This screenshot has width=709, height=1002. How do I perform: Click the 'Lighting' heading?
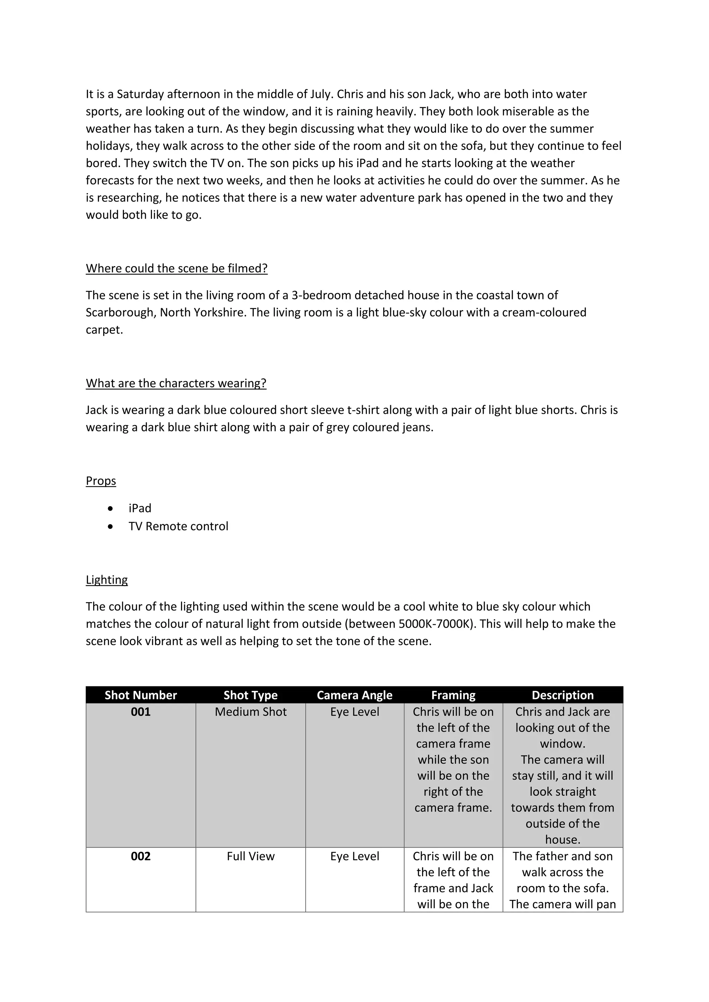[107, 580]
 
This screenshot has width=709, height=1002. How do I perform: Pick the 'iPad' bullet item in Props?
[140, 508]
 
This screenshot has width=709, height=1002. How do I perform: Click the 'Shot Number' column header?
[141, 695]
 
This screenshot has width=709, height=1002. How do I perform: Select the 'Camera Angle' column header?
[354, 695]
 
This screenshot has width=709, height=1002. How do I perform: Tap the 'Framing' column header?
[453, 695]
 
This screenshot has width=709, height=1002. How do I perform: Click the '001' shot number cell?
[141, 712]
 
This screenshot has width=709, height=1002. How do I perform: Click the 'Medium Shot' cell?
[251, 712]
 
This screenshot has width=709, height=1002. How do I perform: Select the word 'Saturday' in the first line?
[140, 94]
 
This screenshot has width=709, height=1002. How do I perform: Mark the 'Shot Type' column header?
[251, 695]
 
